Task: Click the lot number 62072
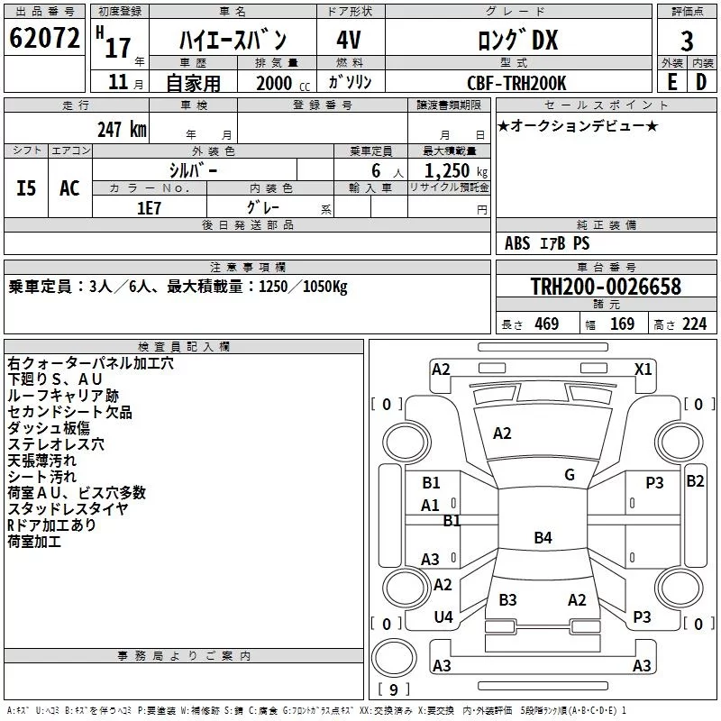pos(43,39)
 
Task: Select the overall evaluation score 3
pos(687,41)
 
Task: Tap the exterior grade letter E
pos(671,81)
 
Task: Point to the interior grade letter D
pos(701,81)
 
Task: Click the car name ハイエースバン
pos(233,40)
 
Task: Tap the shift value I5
pos(27,188)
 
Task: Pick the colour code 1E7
pos(149,207)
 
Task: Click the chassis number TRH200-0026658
pos(606,287)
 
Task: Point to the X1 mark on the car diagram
pos(643,369)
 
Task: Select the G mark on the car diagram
pos(570,475)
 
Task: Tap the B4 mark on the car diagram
pos(543,538)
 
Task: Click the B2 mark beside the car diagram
pos(695,481)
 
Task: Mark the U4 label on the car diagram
pos(443,617)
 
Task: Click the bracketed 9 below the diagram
pos(394,690)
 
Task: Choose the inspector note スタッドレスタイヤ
pos(67,509)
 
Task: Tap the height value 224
pos(694,324)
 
